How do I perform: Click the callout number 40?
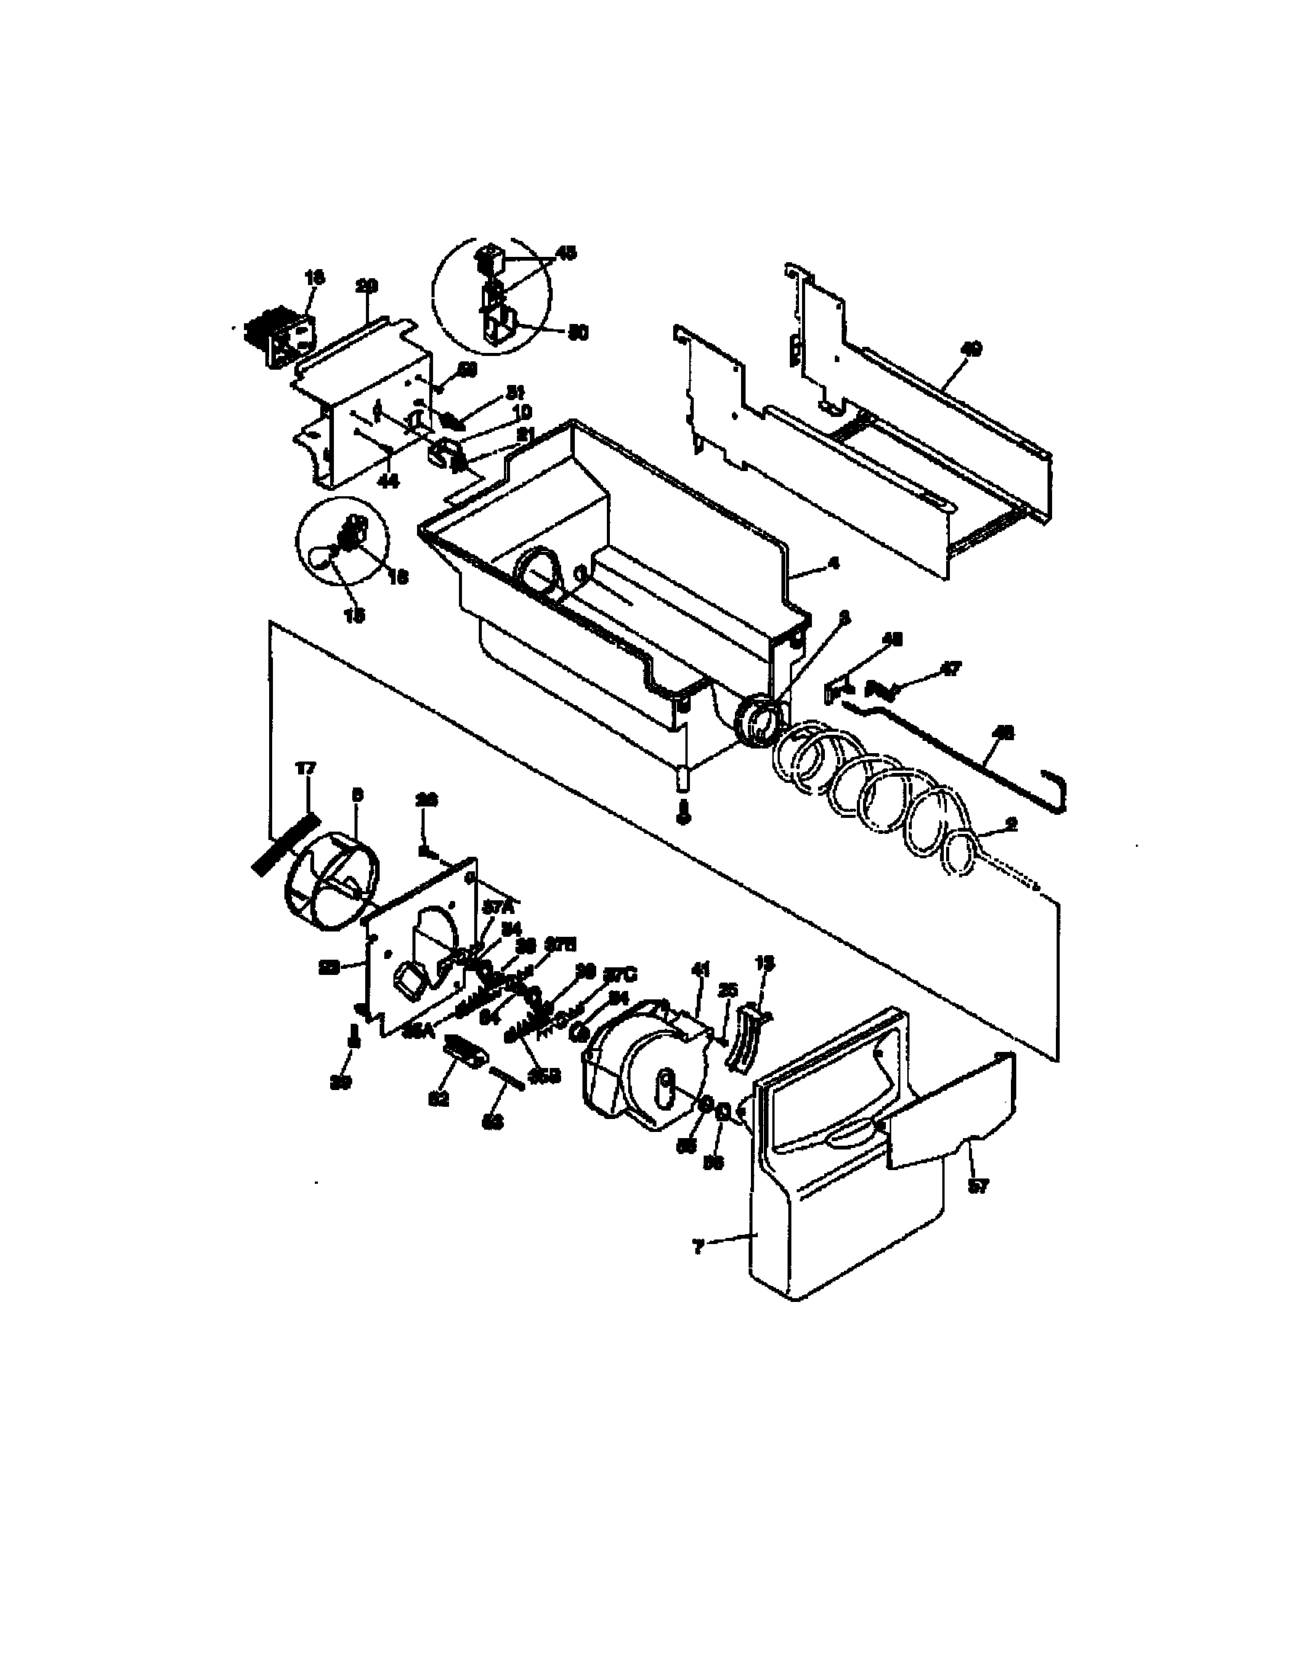(971, 349)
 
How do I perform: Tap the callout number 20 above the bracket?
(367, 286)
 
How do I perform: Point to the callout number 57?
(977, 1186)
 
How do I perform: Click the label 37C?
(621, 975)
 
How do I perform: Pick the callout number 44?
(389, 481)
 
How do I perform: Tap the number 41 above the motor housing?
(699, 970)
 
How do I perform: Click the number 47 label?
(950, 669)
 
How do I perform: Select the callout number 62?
(438, 1098)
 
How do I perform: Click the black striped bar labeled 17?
(285, 843)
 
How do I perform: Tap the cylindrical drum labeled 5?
(329, 883)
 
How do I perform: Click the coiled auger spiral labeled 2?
(875, 803)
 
